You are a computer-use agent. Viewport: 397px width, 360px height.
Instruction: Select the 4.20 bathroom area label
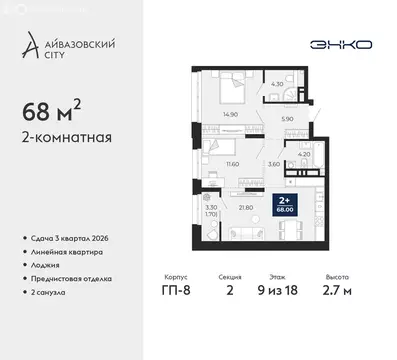click(x=305, y=154)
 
